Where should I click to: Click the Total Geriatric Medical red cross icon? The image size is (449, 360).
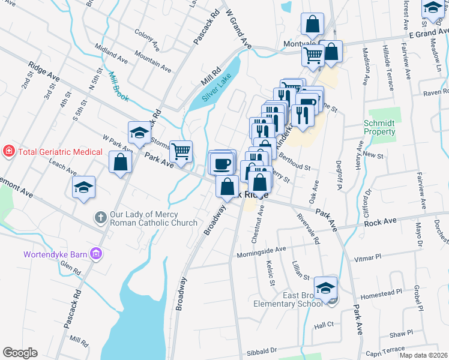click(9, 152)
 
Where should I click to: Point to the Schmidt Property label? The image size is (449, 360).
click(380, 127)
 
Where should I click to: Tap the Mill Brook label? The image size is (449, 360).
click(117, 86)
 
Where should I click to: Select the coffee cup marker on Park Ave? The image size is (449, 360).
click(221, 163)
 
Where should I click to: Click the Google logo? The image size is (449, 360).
click(20, 352)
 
